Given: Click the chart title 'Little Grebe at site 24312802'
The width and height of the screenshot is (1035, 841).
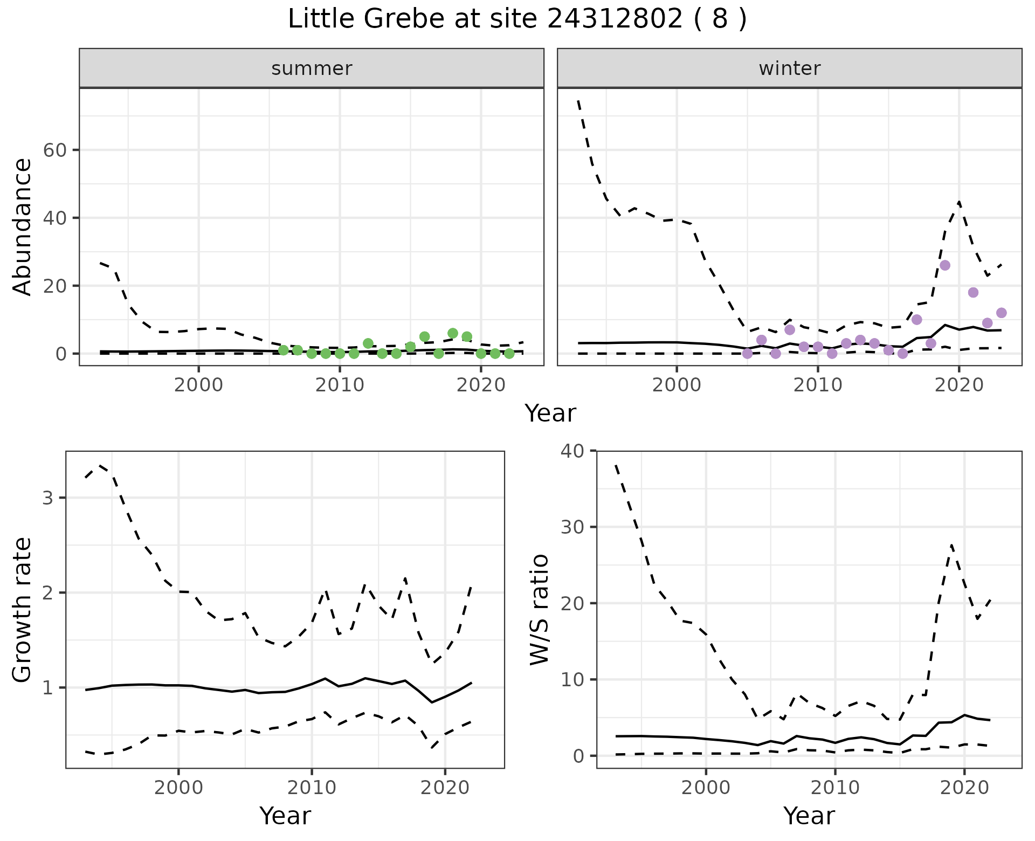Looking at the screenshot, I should pyautogui.click(x=517, y=19).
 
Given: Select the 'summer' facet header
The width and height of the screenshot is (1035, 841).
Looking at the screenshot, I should pyautogui.click(x=312, y=68).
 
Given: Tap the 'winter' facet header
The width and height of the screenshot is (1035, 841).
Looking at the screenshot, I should pyautogui.click(x=789, y=68).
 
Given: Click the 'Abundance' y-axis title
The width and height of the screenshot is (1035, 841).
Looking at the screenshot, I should pyautogui.click(x=22, y=226).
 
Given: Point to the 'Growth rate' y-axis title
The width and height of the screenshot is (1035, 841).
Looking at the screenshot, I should pyautogui.click(x=22, y=610).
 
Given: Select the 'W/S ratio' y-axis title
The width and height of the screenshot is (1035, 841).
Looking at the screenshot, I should pyautogui.click(x=540, y=610).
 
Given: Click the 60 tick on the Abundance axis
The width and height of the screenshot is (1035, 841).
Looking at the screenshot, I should pyautogui.click(x=54, y=150).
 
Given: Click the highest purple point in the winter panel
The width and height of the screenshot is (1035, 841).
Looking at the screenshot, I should pyautogui.click(x=945, y=265).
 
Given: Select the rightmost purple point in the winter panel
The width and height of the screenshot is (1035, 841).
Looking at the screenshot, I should pyautogui.click(x=1002, y=313).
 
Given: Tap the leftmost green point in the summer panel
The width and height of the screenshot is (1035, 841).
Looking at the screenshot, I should pyautogui.click(x=284, y=350).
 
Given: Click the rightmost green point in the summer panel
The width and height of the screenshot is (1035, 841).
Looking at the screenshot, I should pyautogui.click(x=509, y=354).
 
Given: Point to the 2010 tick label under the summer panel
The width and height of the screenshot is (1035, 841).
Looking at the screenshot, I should pyautogui.click(x=340, y=386).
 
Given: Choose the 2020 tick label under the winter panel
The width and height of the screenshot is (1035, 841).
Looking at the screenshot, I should pyautogui.click(x=959, y=386).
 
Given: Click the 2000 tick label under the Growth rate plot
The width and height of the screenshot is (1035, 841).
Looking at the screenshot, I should pyautogui.click(x=178, y=788).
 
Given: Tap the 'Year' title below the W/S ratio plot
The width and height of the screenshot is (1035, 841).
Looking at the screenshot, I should pyautogui.click(x=809, y=816).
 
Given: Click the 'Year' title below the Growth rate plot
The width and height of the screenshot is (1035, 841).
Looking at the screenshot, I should pyautogui.click(x=285, y=816).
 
